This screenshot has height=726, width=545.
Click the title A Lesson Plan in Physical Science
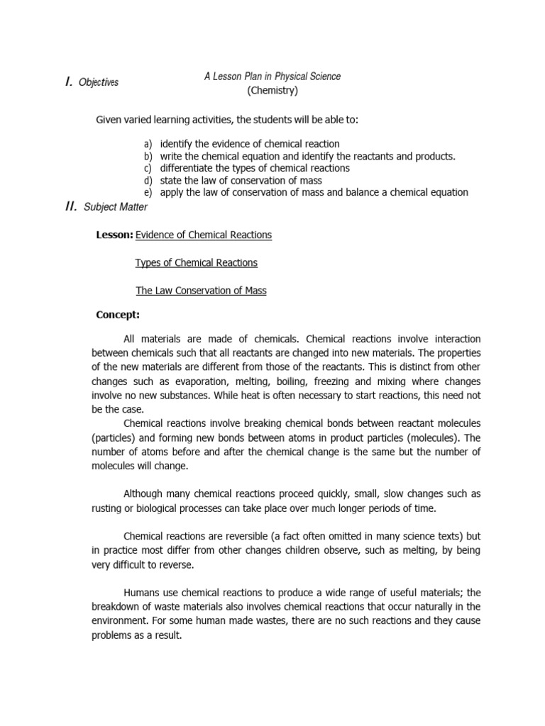[272, 77]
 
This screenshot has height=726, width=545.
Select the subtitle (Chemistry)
[272, 91]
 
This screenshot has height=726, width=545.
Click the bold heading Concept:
[117, 314]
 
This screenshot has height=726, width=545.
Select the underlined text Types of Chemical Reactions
[196, 263]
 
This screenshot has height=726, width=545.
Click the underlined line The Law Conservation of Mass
[201, 291]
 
